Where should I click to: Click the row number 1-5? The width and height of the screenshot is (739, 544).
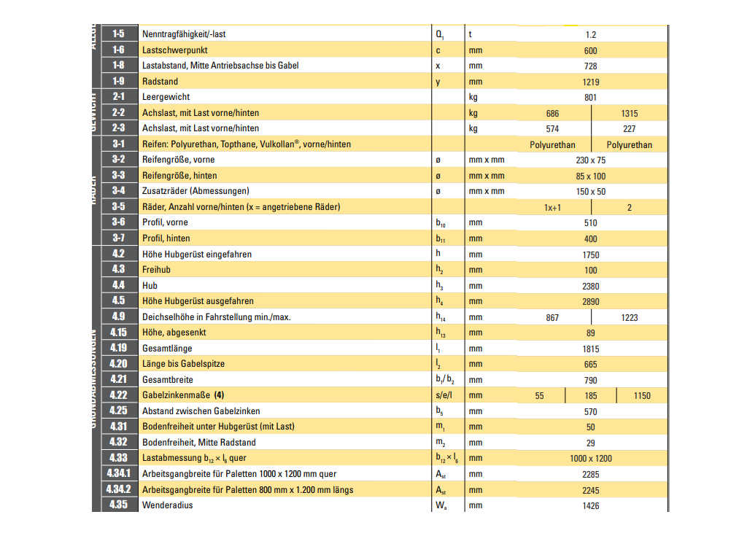coord(118,34)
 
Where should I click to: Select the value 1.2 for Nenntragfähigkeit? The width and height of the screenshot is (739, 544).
coord(591,34)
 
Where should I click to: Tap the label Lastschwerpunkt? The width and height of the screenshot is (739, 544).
coord(174,50)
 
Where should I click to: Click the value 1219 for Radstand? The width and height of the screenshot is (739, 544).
coord(591,82)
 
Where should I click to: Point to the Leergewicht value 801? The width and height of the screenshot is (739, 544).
coord(591,98)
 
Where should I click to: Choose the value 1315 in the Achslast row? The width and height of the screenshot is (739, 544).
coord(629,114)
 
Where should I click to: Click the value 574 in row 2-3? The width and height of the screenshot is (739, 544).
coord(552,129)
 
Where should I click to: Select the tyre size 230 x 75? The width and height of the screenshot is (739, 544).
coord(591,160)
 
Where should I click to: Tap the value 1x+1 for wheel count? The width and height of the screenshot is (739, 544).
coord(552,208)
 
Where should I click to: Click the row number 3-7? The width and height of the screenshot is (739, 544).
coord(118,238)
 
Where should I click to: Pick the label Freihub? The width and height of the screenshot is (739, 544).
coord(156,270)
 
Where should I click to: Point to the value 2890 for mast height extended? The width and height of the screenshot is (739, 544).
coord(591,302)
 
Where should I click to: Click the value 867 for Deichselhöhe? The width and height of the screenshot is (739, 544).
coord(552,317)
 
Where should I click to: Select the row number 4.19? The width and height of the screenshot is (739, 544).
coord(118,348)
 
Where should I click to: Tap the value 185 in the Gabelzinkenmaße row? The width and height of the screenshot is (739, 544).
coord(591,396)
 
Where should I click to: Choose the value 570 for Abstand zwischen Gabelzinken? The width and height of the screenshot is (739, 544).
coord(591,412)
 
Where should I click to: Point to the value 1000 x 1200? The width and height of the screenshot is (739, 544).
coord(591,459)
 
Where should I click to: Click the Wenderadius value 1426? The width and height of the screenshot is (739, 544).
coord(591,506)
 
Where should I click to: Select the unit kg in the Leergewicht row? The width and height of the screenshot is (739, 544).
coord(473,97)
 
